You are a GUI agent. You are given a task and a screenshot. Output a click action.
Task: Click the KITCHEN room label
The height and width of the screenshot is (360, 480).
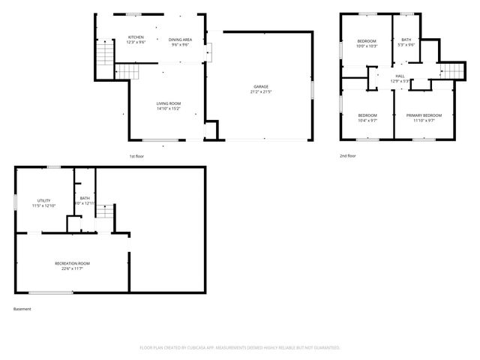coord(136,37)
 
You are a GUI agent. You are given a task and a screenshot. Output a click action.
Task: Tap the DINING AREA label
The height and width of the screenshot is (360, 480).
coord(180,40)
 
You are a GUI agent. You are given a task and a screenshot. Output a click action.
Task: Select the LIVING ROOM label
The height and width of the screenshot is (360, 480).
coord(168,103)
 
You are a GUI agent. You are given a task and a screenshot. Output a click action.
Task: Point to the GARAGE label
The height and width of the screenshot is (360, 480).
coord(260,87)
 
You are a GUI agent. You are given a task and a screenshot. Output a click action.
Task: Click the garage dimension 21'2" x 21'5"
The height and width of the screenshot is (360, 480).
coord(260,93)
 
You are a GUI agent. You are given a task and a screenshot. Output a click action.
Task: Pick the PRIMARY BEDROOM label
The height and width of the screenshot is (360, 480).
coord(424,115)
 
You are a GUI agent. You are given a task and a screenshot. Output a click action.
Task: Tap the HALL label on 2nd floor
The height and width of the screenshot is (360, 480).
coord(400,76)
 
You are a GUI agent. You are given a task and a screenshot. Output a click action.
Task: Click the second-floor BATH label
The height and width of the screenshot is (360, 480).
coord(406,40)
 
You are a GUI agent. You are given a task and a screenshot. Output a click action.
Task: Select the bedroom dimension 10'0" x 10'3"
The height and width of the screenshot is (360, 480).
coord(367,46)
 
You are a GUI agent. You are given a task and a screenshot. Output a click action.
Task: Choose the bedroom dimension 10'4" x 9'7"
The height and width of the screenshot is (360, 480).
coord(367,120)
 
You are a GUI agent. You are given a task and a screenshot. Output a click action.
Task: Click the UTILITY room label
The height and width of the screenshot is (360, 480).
coord(44,201)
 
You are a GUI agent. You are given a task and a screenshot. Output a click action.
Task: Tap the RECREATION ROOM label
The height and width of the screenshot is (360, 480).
coord(72,263)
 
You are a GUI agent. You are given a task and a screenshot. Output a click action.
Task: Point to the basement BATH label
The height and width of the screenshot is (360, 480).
coord(85,199)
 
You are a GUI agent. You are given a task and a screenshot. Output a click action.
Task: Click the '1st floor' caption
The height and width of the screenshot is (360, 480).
coord(136,156)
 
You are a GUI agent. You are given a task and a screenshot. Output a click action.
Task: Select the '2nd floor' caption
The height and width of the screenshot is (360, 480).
coord(347,156)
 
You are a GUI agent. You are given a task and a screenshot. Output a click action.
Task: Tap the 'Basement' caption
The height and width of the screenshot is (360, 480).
coord(22,309)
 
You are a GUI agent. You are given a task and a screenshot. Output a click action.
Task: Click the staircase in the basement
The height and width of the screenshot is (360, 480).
coord(106,212)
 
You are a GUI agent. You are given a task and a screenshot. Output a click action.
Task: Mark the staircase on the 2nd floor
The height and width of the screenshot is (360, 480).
coord(448,71)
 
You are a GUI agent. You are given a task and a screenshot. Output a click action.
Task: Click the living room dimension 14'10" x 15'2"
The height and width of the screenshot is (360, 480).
coord(168,109)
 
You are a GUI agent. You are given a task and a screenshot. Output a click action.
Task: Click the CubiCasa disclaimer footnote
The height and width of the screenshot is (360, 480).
coord(240,348)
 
